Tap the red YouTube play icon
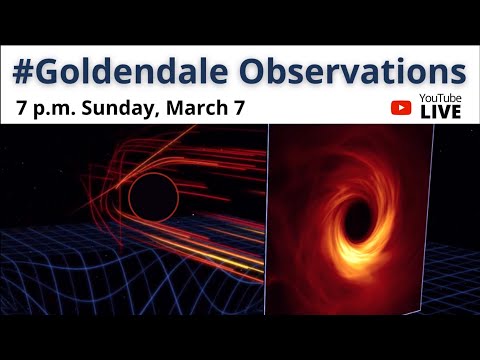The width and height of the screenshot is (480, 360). [403, 107]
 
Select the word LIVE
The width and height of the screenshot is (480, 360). [440, 112]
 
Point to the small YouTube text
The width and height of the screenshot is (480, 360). [440, 99]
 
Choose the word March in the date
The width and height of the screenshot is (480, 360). [207, 107]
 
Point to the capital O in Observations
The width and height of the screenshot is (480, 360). [275, 73]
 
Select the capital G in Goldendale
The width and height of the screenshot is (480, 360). [51, 73]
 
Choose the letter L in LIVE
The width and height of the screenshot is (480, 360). [424, 112]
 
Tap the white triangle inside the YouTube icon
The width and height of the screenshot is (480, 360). [403, 107]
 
